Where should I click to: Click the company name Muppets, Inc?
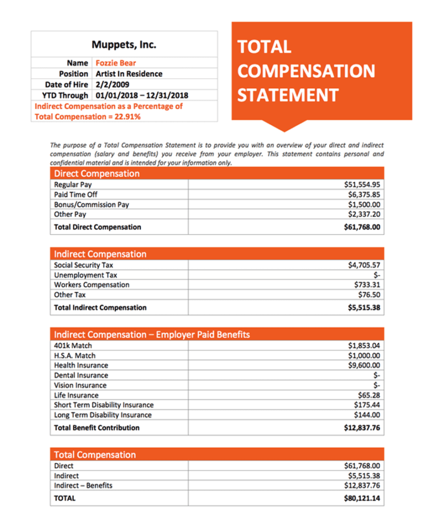pyautogui.click(x=124, y=45)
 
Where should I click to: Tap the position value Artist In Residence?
pyautogui.click(x=129, y=74)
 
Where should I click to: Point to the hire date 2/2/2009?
pyautogui.click(x=110, y=84)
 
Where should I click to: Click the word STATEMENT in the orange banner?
pyautogui.click(x=288, y=95)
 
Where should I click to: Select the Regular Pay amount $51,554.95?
pyautogui.click(x=362, y=185)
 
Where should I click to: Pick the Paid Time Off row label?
pyautogui.click(x=76, y=194)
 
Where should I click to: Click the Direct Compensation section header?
pyautogui.click(x=97, y=174)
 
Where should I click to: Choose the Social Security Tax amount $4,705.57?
pyautogui.click(x=364, y=265)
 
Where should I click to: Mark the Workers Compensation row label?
pyautogui.click(x=92, y=285)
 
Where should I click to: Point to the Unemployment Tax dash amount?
pyautogui.click(x=377, y=275)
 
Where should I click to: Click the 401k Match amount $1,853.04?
pyautogui.click(x=364, y=346)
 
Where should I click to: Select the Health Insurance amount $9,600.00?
pyautogui.click(x=364, y=365)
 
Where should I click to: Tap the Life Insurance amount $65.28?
pyautogui.click(x=369, y=395)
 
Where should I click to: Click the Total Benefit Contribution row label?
pyautogui.click(x=97, y=428)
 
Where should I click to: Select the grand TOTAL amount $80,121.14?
pyautogui.click(x=362, y=498)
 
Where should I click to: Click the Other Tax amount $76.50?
pyautogui.click(x=369, y=295)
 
